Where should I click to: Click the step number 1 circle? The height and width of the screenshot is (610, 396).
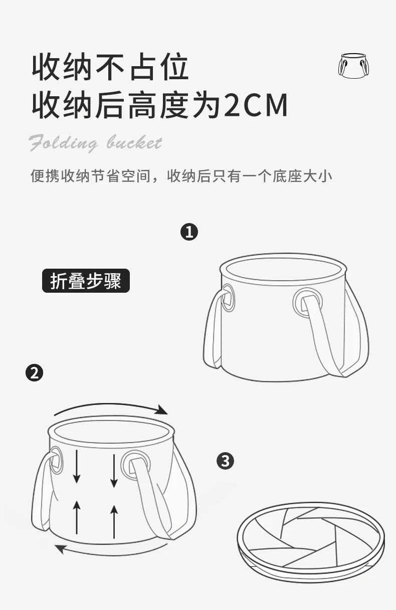[x=189, y=232]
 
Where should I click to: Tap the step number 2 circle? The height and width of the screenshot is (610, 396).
[x=34, y=373]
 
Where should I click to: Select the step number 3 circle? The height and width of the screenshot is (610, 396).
[x=225, y=461]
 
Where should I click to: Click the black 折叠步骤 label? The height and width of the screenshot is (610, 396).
[x=86, y=281]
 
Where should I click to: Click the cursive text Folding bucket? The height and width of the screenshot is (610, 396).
[x=95, y=143]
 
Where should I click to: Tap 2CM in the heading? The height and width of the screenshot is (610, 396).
[x=256, y=105]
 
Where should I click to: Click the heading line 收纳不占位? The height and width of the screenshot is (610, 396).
[x=110, y=67]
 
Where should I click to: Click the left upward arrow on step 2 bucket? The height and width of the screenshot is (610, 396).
[x=77, y=517]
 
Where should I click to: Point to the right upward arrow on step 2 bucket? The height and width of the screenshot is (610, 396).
[x=114, y=521]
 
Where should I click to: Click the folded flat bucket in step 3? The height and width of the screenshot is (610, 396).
[x=311, y=535]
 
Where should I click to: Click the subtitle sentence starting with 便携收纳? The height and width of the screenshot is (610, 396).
[x=181, y=176]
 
